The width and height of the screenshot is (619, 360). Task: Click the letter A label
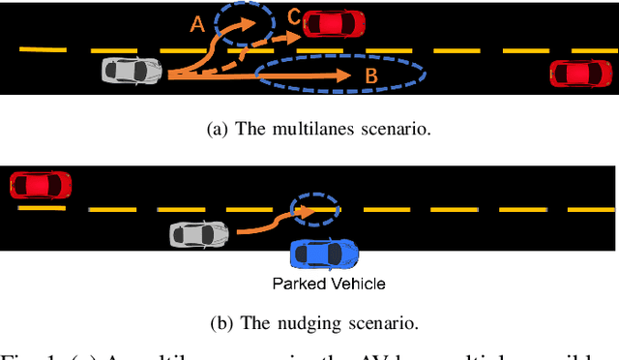[197, 27]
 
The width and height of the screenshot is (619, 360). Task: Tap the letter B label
[369, 75]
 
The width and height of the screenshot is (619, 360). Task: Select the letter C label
[292, 16]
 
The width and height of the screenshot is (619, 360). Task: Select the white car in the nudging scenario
[200, 233]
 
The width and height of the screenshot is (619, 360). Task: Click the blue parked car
[324, 254]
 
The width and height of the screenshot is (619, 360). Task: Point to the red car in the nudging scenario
[41, 184]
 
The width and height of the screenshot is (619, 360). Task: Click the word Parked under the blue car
[299, 284]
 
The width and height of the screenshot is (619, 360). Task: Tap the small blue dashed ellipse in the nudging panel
[315, 208]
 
